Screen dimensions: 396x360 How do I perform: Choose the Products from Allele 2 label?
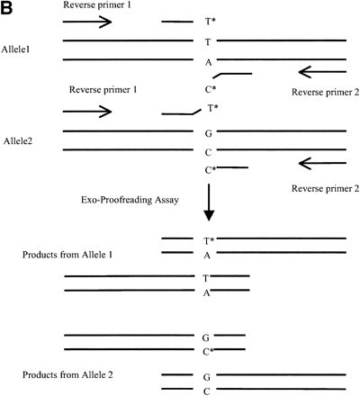[69, 373]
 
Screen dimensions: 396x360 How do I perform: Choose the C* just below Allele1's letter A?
[210, 89]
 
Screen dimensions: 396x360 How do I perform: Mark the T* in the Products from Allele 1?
[209, 240]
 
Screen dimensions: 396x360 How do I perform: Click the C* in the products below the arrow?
[209, 350]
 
